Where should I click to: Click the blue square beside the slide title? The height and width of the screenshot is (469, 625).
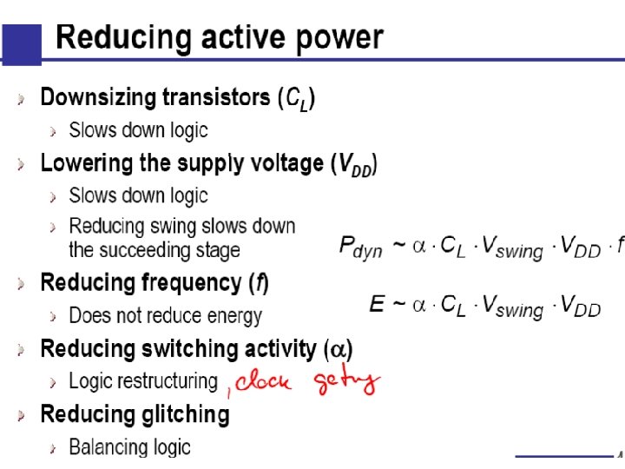point(21,44)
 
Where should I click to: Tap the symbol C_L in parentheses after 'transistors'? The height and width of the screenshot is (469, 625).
point(296,99)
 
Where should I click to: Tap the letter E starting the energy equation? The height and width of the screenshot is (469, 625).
point(377,304)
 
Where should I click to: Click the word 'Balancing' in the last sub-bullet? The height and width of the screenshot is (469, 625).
point(106,447)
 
